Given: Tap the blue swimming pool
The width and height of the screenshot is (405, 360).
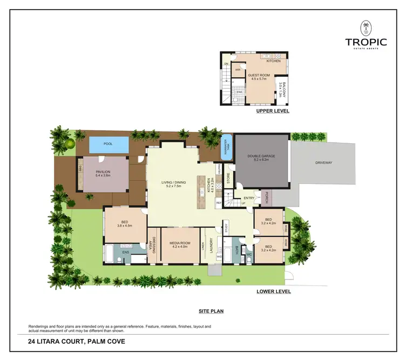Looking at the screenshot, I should (108, 144).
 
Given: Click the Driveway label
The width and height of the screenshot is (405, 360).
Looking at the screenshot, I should (325, 163).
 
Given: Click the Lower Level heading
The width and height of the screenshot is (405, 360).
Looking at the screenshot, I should (274, 291).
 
